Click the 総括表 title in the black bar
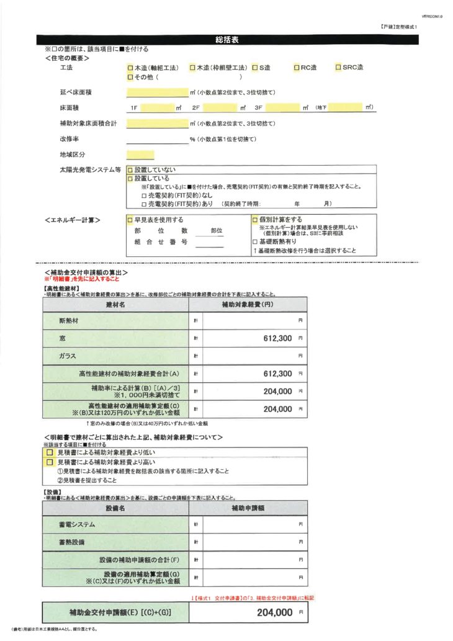(x=226, y=39)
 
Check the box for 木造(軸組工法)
(x=130, y=67)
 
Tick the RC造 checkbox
(x=296, y=67)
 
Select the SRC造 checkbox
(x=338, y=67)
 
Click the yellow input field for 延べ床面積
(x=156, y=92)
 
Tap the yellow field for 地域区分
(x=140, y=155)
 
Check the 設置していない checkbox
(x=130, y=169)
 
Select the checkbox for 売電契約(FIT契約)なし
(x=144, y=195)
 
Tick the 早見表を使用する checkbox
(x=130, y=220)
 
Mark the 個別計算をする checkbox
(x=254, y=220)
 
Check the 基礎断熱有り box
(x=254, y=241)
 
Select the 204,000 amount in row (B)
(x=277, y=392)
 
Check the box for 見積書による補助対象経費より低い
(x=50, y=453)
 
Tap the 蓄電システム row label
(x=77, y=524)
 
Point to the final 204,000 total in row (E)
(x=274, y=612)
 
